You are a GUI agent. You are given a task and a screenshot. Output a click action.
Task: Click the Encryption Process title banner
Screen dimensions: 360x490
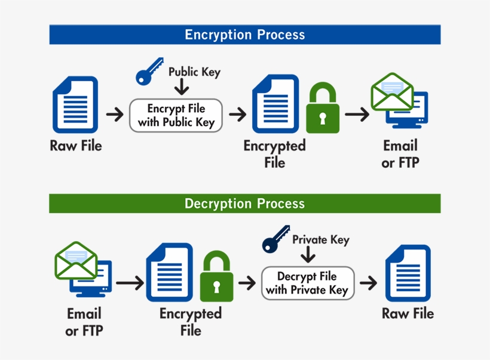244,35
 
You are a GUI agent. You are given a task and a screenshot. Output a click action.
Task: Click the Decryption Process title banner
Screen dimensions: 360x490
244,204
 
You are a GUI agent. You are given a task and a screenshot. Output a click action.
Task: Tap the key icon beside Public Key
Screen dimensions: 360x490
149,72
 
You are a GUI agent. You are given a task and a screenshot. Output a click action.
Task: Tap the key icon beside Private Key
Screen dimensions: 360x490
275,239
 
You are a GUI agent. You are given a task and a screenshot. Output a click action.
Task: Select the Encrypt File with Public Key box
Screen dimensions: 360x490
176,115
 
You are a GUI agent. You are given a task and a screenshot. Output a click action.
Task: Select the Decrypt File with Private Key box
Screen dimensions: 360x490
307,283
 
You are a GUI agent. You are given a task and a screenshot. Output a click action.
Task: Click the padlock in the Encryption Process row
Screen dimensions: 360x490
323,108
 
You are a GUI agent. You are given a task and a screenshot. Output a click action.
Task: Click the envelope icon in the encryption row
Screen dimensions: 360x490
392,91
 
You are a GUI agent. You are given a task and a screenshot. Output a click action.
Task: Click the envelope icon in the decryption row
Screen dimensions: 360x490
76,260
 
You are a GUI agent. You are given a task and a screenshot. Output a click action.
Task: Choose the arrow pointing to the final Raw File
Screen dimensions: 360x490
368,283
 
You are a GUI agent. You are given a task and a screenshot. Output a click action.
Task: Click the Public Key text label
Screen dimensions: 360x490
194,72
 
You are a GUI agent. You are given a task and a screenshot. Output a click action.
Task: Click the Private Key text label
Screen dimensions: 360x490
320,240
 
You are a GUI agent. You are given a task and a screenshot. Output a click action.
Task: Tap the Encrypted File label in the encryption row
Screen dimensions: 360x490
274,154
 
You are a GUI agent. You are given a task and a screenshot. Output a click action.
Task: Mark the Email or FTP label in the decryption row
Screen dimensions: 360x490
84,322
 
